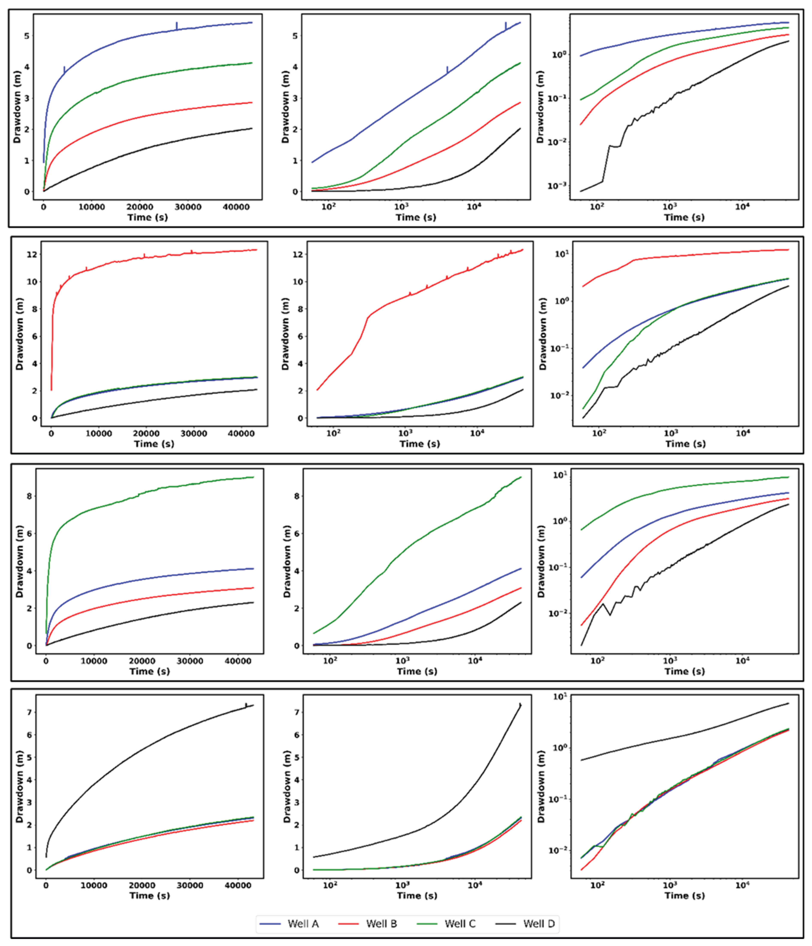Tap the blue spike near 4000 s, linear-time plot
[x=64, y=70]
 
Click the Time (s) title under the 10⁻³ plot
[x=684, y=217]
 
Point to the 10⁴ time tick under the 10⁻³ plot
[x=742, y=207]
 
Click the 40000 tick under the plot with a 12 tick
[x=241, y=433]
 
